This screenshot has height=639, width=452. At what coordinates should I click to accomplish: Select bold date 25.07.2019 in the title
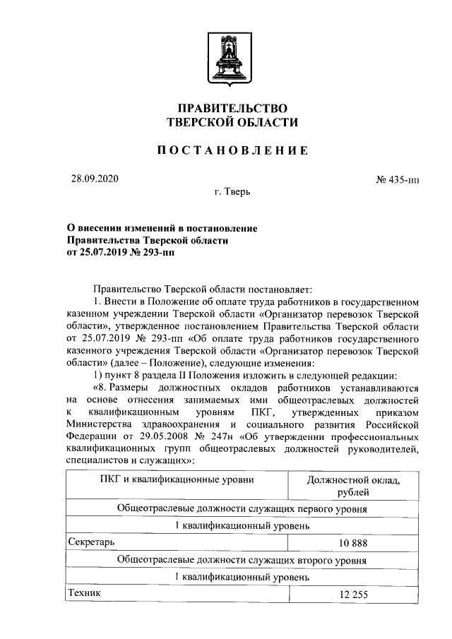(x=106, y=253)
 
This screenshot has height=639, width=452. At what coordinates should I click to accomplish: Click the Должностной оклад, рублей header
(x=353, y=486)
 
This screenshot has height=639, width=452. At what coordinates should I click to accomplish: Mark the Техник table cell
(x=83, y=593)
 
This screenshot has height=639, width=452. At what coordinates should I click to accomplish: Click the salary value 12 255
(x=353, y=595)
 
